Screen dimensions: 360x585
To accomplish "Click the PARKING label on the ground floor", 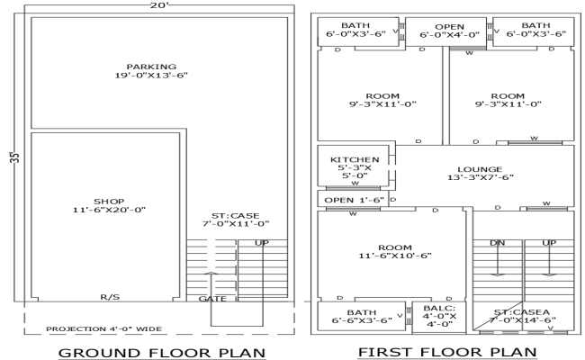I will (x=150, y=72).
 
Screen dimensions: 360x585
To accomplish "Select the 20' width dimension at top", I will (x=161, y=5).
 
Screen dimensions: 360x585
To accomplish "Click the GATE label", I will (x=211, y=298).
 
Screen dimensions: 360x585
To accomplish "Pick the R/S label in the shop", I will (x=110, y=296).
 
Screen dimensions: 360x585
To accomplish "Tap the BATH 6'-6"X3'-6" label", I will (x=353, y=315).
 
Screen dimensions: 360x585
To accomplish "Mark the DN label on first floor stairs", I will (x=497, y=243).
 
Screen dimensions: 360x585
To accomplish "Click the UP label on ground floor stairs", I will (x=261, y=243).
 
